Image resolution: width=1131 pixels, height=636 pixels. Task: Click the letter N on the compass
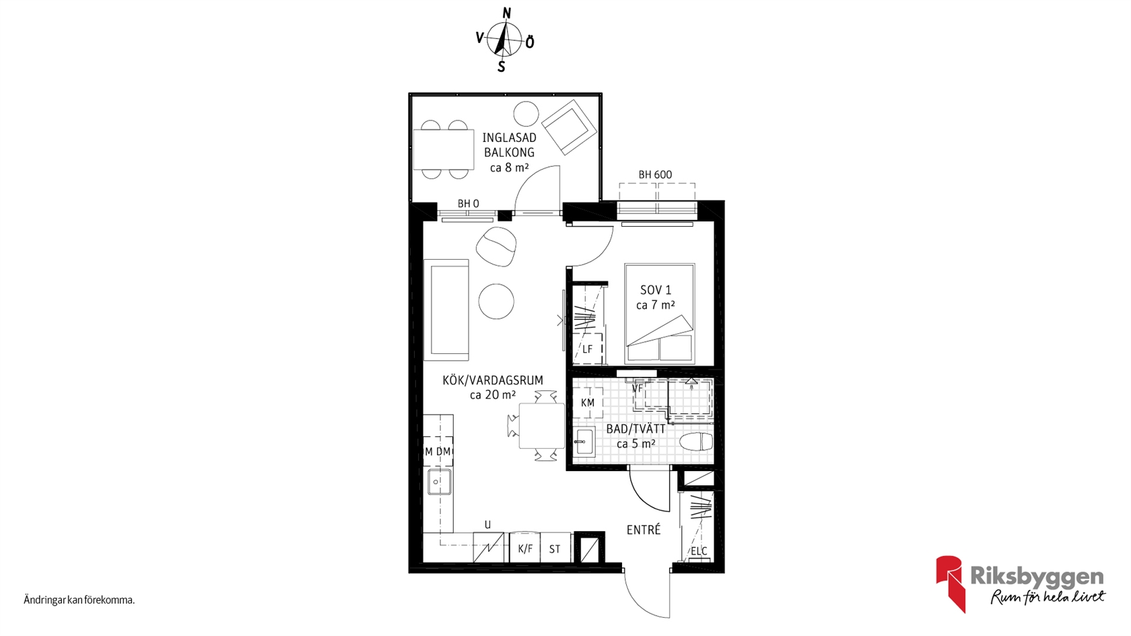(x=508, y=13)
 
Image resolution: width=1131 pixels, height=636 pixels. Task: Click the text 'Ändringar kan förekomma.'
(x=79, y=600)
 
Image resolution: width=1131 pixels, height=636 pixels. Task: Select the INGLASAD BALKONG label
(x=509, y=145)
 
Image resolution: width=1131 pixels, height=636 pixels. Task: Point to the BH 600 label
(x=656, y=175)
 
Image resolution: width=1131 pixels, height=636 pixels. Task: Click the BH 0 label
(x=468, y=204)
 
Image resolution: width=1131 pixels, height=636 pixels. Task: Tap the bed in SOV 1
(x=660, y=314)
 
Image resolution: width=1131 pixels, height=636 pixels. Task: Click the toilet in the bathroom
(x=696, y=442)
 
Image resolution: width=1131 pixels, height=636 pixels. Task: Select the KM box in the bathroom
(x=588, y=402)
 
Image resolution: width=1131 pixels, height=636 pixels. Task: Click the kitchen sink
(x=439, y=482)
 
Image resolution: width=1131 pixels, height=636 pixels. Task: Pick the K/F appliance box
(x=525, y=547)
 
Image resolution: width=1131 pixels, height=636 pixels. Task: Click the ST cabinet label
(x=555, y=549)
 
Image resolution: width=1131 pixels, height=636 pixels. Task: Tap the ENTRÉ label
(x=644, y=530)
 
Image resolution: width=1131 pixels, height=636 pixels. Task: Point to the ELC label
(x=699, y=551)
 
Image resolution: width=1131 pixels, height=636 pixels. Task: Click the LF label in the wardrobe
(x=587, y=349)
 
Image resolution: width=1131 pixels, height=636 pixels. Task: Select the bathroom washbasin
(x=584, y=442)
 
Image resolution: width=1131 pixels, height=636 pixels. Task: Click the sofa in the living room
(x=446, y=310)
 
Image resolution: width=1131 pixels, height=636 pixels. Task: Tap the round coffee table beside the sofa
(x=496, y=302)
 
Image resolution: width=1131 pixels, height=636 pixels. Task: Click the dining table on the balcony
(x=444, y=149)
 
